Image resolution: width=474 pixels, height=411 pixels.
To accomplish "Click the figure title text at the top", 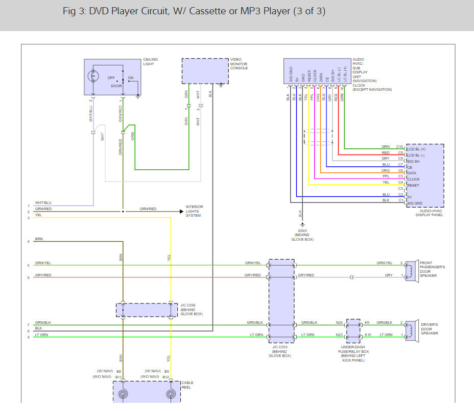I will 193,11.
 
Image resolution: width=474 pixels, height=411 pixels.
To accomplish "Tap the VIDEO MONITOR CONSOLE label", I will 239,64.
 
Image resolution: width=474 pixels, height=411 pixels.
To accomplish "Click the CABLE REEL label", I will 187,385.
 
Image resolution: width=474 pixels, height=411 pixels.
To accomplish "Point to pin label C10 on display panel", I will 399,147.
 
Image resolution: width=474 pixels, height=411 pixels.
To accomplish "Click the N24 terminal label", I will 339,322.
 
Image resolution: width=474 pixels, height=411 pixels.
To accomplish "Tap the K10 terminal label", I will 368,335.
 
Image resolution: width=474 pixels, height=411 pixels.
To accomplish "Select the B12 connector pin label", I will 165,377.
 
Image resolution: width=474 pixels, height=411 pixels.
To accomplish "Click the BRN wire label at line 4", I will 39,239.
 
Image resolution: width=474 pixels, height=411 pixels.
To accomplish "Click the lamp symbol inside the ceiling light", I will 92,76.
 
